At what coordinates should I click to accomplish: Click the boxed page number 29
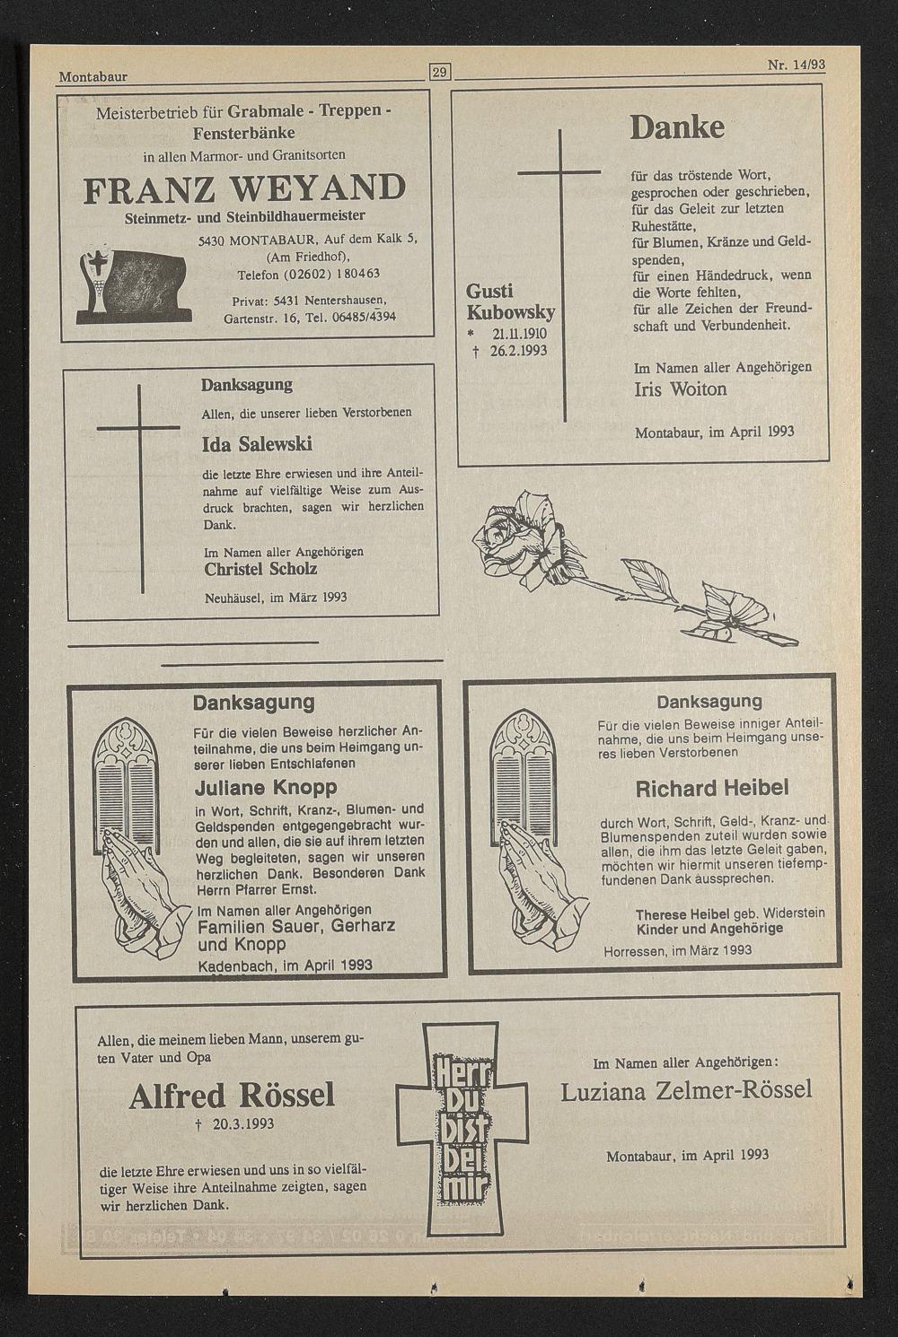pyautogui.click(x=440, y=72)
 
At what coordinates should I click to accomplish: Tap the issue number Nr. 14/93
pyautogui.click(x=796, y=66)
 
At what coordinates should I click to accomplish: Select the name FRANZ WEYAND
pyautogui.click(x=244, y=188)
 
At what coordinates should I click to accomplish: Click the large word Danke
pyautogui.click(x=677, y=127)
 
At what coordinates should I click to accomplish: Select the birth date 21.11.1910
pyautogui.click(x=519, y=334)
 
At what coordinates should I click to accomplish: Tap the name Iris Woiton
pyautogui.click(x=681, y=389)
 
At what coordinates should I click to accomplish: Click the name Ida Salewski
pyautogui.click(x=257, y=445)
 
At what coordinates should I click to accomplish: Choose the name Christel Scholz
pyautogui.click(x=260, y=569)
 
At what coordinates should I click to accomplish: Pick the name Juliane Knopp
pyautogui.click(x=266, y=788)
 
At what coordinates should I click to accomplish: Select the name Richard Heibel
pyautogui.click(x=711, y=789)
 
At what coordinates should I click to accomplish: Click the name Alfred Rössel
pyautogui.click(x=232, y=1096)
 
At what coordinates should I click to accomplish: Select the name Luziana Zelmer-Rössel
pyautogui.click(x=686, y=1090)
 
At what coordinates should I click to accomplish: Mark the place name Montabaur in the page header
pyautogui.click(x=93, y=76)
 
